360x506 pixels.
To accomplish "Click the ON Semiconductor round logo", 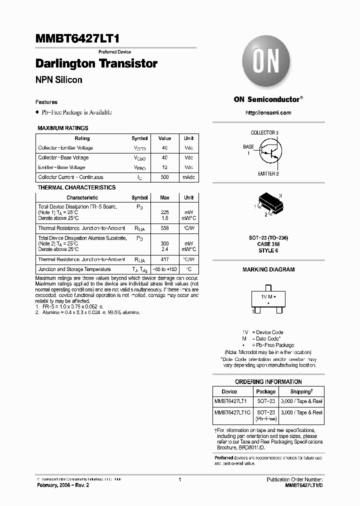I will [x=268, y=64].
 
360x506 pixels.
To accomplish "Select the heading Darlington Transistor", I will [x=96, y=64].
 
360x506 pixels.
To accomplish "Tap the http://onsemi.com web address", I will [x=268, y=112].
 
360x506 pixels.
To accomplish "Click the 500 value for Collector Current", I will [x=164, y=177].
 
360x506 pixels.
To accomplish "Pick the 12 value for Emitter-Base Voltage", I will [x=164, y=167].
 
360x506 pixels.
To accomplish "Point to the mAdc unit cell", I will [x=188, y=177].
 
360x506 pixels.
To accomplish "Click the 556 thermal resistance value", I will [x=164, y=228].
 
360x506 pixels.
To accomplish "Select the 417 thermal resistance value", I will [x=164, y=259].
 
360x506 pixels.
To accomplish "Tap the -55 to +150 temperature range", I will [x=164, y=269].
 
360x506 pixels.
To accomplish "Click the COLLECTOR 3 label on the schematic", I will [x=264, y=132].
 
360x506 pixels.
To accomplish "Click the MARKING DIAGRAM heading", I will [x=268, y=269].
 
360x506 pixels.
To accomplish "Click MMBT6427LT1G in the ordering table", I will [x=233, y=412].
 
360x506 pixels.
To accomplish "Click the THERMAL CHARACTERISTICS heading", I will [x=76, y=187].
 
